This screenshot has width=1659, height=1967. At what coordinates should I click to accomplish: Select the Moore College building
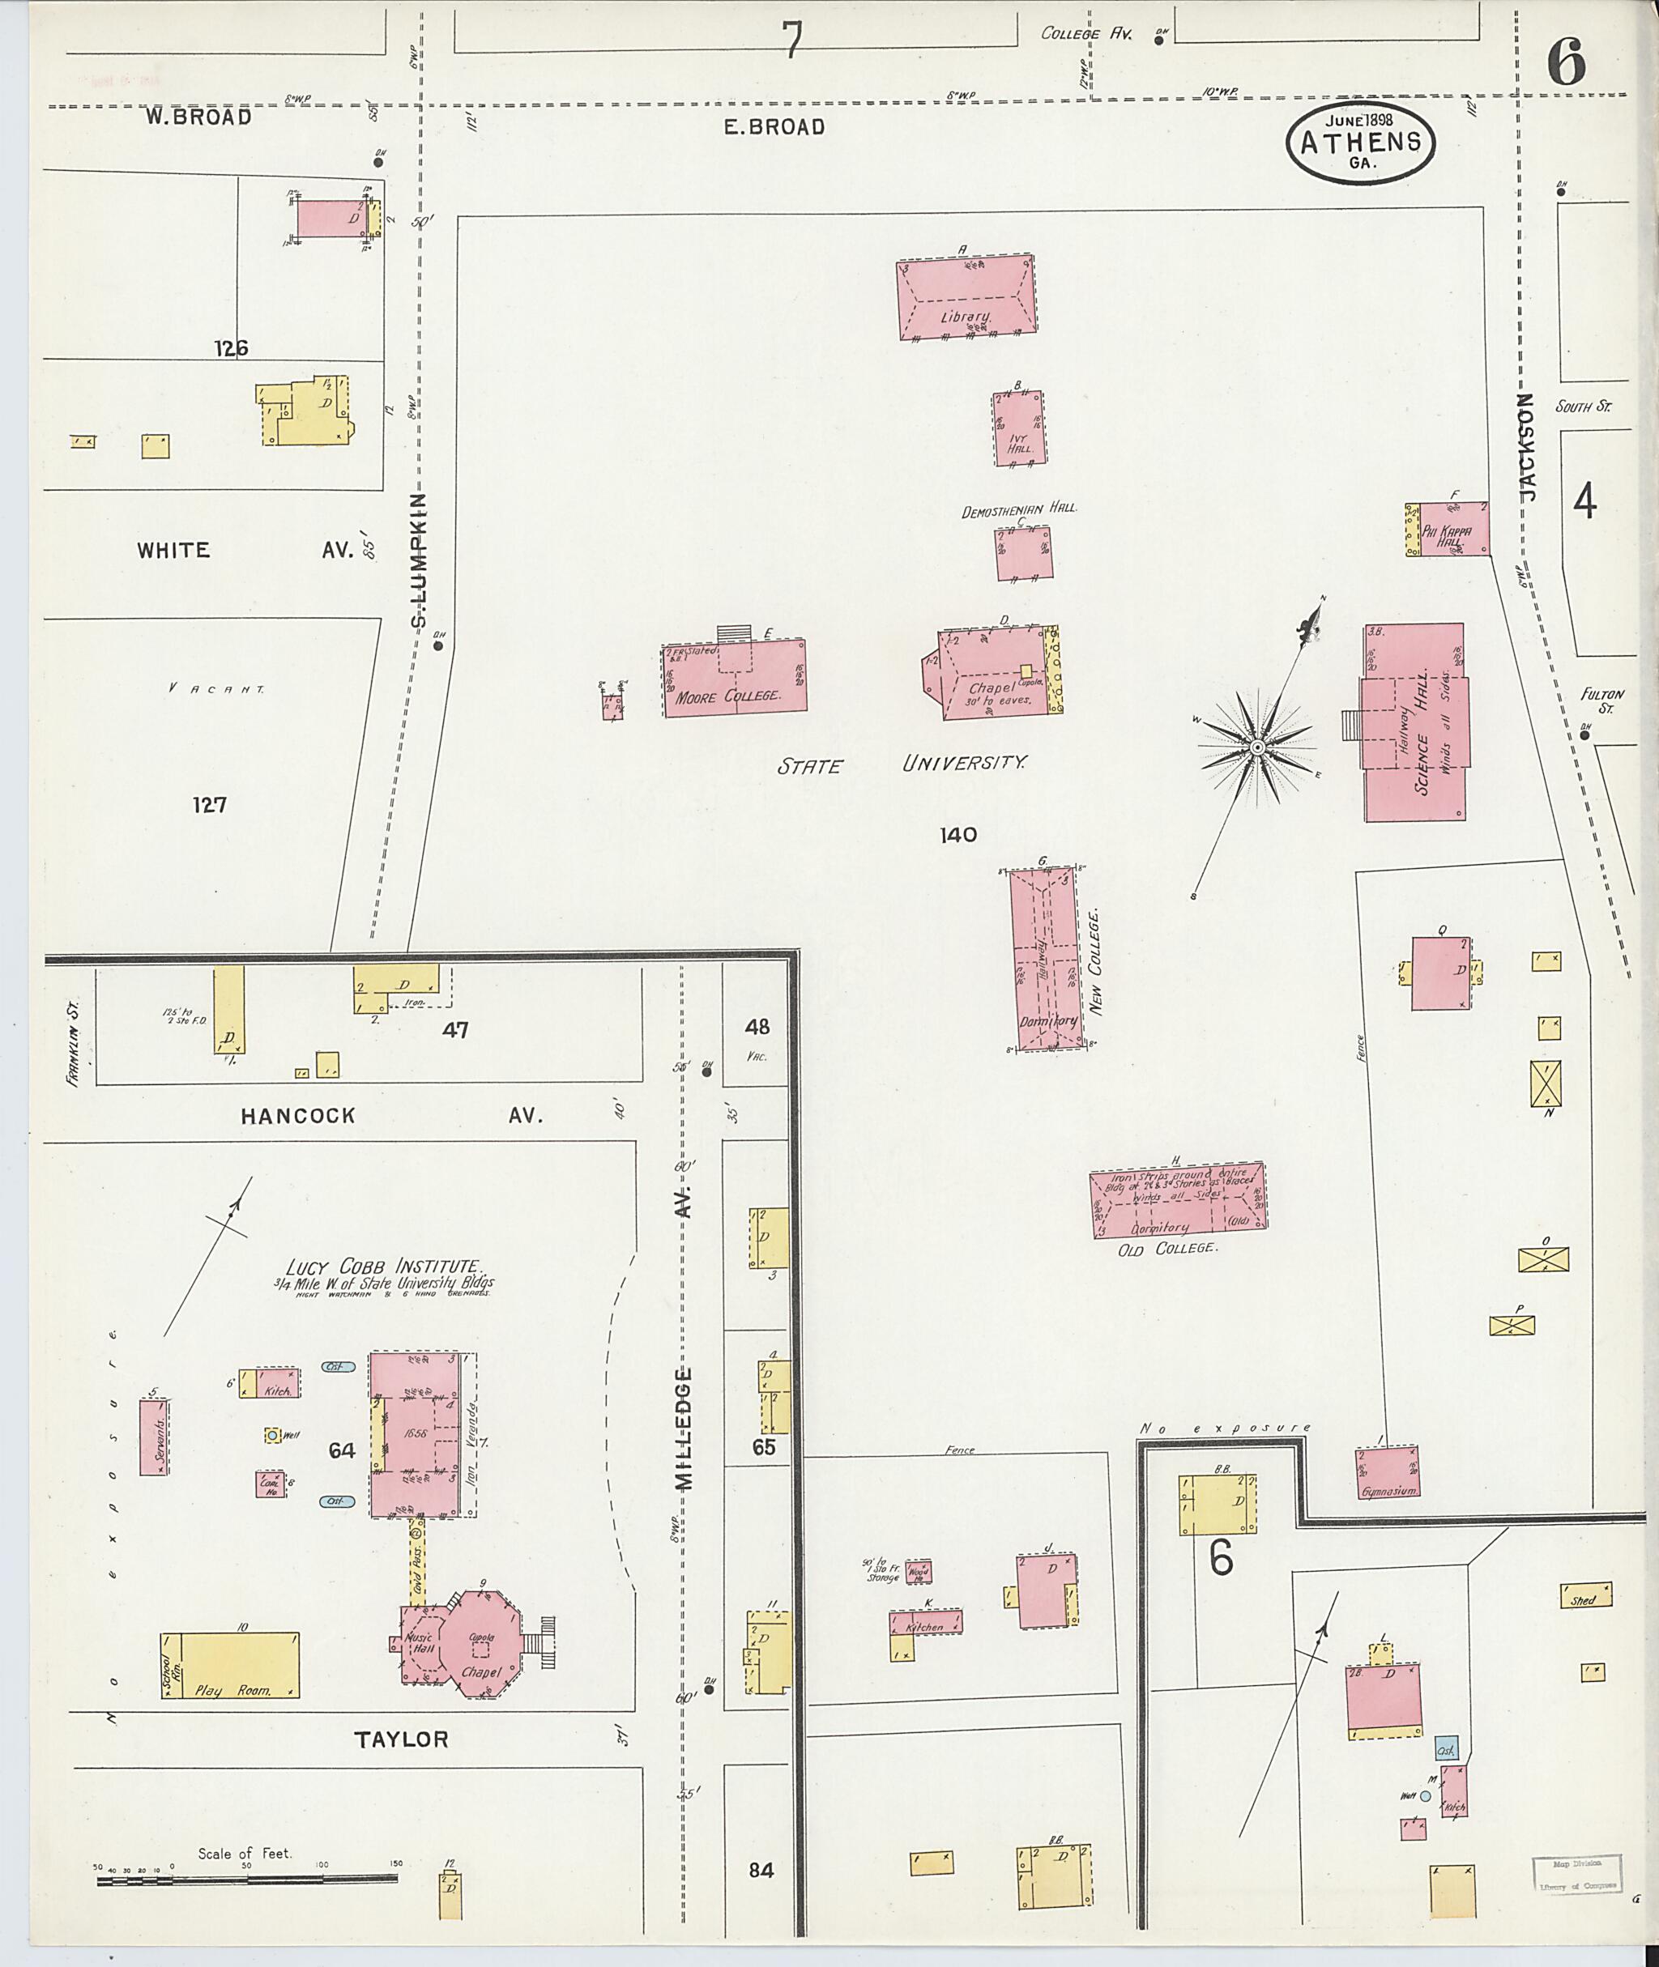736,679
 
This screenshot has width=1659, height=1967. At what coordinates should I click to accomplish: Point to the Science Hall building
1414,722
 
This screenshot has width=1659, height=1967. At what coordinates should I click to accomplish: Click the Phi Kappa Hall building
1452,529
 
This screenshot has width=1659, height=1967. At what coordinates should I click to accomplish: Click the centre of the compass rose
1256,747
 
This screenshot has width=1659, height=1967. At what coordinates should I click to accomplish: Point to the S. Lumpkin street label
420,560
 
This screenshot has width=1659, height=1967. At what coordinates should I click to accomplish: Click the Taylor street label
402,1739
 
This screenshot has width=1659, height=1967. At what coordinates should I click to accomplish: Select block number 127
209,805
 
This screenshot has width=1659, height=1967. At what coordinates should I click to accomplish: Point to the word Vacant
216,688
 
